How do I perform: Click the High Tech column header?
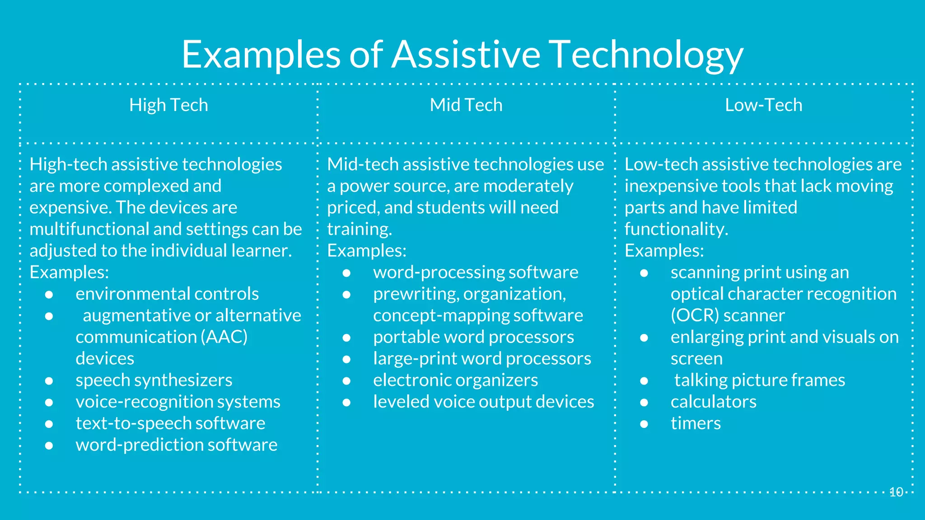tap(168, 105)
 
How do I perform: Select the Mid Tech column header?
tap(466, 105)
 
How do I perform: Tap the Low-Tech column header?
tap(763, 105)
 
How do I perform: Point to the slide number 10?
tap(896, 492)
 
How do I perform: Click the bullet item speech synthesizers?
tap(154, 380)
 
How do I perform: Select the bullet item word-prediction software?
tap(176, 445)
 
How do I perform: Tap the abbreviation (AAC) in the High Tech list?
tap(224, 337)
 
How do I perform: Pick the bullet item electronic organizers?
tap(455, 380)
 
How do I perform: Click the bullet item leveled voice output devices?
tap(483, 402)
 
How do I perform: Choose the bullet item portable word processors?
tap(473, 337)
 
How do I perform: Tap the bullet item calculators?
tap(713, 402)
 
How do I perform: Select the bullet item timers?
tap(696, 423)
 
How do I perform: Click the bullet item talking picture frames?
tap(759, 380)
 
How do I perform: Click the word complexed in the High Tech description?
tap(150, 186)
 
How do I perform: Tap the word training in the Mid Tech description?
tap(359, 229)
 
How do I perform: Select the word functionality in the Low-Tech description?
tap(675, 229)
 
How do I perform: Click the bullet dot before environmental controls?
tap(49, 294)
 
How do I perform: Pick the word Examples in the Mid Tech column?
tap(366, 251)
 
